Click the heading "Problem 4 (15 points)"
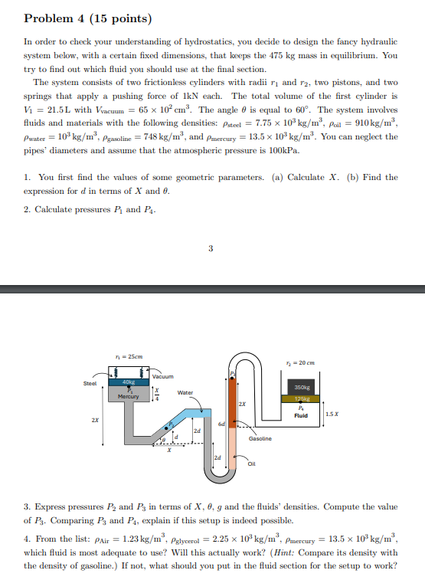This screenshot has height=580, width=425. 88,18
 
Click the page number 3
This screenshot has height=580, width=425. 211,247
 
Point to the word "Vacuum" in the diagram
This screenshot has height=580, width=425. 163,377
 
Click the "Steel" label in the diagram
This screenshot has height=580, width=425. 90,385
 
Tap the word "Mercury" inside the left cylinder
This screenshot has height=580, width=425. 127,396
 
